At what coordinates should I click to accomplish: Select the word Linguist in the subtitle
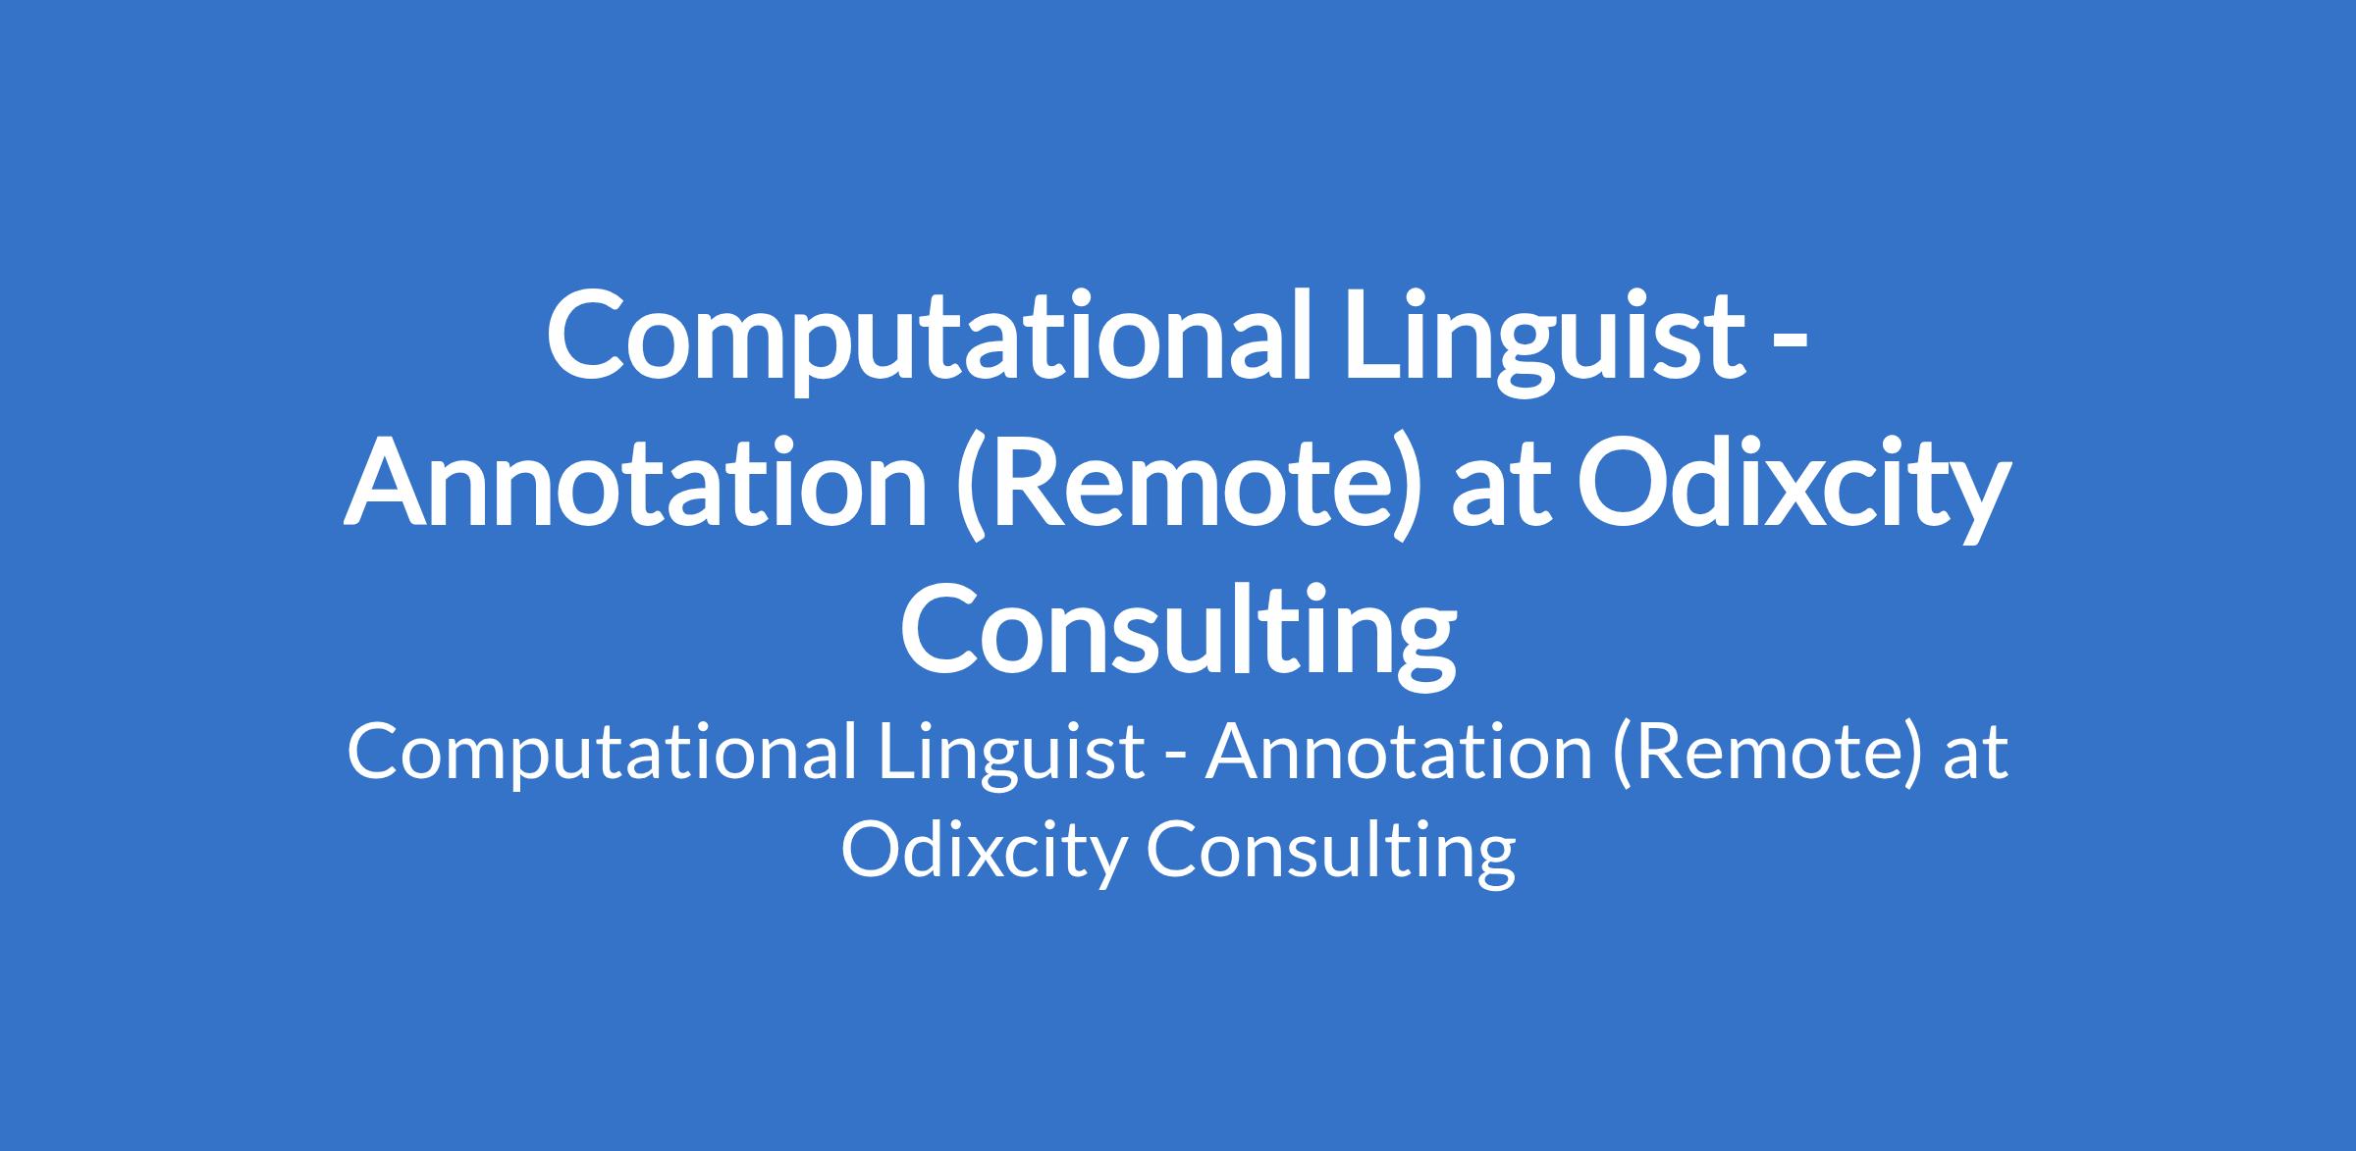click(x=1012, y=756)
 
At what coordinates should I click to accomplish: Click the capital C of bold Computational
click(x=585, y=338)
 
